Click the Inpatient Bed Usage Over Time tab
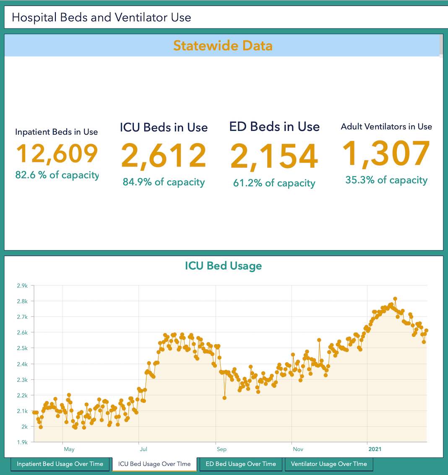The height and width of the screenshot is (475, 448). [60, 464]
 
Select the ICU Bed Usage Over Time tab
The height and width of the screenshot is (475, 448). [154, 464]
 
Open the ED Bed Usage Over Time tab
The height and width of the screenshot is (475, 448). [240, 464]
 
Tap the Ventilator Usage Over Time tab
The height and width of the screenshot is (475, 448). [329, 464]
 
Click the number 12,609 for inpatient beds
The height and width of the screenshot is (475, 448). [57, 154]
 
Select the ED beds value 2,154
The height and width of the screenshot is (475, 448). [274, 157]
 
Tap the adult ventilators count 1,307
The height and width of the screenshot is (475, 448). [386, 153]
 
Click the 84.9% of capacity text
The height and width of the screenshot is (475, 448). [164, 182]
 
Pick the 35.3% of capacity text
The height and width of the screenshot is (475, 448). [386, 180]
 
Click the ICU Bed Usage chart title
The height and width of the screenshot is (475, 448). [223, 266]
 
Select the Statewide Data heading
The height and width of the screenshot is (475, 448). [223, 45]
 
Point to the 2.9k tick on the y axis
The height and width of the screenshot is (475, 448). [22, 286]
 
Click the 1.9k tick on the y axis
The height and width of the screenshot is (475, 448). [22, 442]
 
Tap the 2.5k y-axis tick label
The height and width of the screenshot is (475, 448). [22, 348]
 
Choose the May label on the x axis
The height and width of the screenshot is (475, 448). [69, 449]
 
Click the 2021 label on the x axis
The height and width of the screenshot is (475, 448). [375, 449]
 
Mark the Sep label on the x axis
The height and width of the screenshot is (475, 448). [221, 449]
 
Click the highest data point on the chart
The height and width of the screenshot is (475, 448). [395, 299]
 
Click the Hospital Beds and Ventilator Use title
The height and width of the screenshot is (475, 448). [102, 17]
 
